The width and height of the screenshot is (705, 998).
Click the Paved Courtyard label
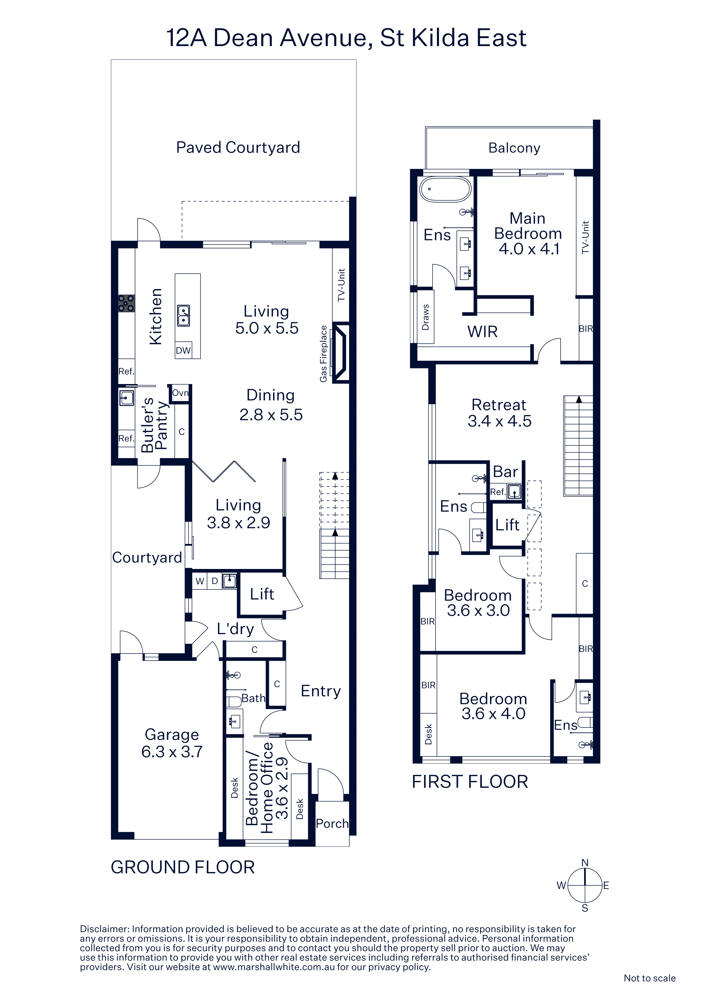point(238,148)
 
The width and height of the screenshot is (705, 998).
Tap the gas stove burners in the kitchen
point(127,303)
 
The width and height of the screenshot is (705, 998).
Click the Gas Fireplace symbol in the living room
point(340,352)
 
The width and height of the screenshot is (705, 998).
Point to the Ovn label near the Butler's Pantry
point(180,393)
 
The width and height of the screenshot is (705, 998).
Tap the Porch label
point(332,823)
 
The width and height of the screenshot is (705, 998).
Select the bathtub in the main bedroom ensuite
point(445,189)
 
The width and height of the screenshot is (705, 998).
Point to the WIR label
point(482,332)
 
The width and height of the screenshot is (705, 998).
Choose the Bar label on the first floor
point(505,472)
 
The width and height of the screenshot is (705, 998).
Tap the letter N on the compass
point(585,863)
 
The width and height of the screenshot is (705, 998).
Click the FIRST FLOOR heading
point(470,782)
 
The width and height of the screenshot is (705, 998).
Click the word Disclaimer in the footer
point(104,929)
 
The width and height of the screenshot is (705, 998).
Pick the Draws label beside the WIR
point(425,317)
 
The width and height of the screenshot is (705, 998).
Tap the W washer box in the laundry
point(200,581)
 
